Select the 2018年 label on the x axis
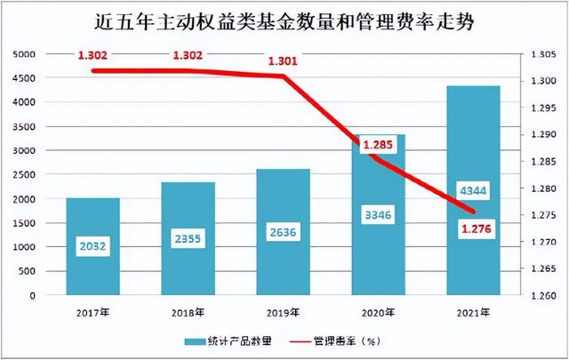tap(188, 312)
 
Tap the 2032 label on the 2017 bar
tap(92, 247)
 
